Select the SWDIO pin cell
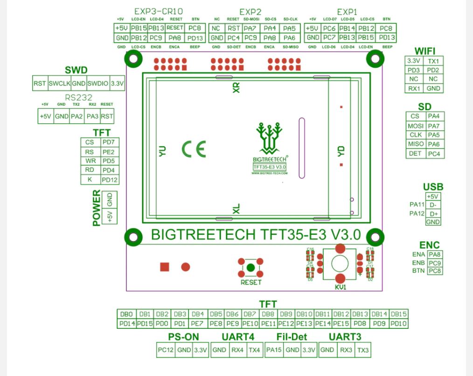click(x=97, y=84)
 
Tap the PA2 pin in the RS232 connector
click(x=77, y=116)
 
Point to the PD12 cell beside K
click(x=110, y=180)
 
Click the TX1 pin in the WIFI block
click(x=433, y=61)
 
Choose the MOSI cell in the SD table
click(x=415, y=126)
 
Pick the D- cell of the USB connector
click(x=433, y=205)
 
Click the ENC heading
click(x=429, y=245)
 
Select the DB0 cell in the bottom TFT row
click(x=126, y=314)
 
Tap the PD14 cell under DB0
click(x=126, y=323)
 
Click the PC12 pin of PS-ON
click(x=166, y=350)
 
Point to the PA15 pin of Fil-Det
click(x=274, y=350)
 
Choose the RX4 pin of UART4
click(x=237, y=350)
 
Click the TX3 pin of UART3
click(x=363, y=350)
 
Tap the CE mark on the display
click(x=194, y=149)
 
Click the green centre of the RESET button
click(x=250, y=268)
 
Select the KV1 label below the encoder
click(x=340, y=287)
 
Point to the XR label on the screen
click(x=236, y=88)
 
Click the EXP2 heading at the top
click(x=250, y=11)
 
